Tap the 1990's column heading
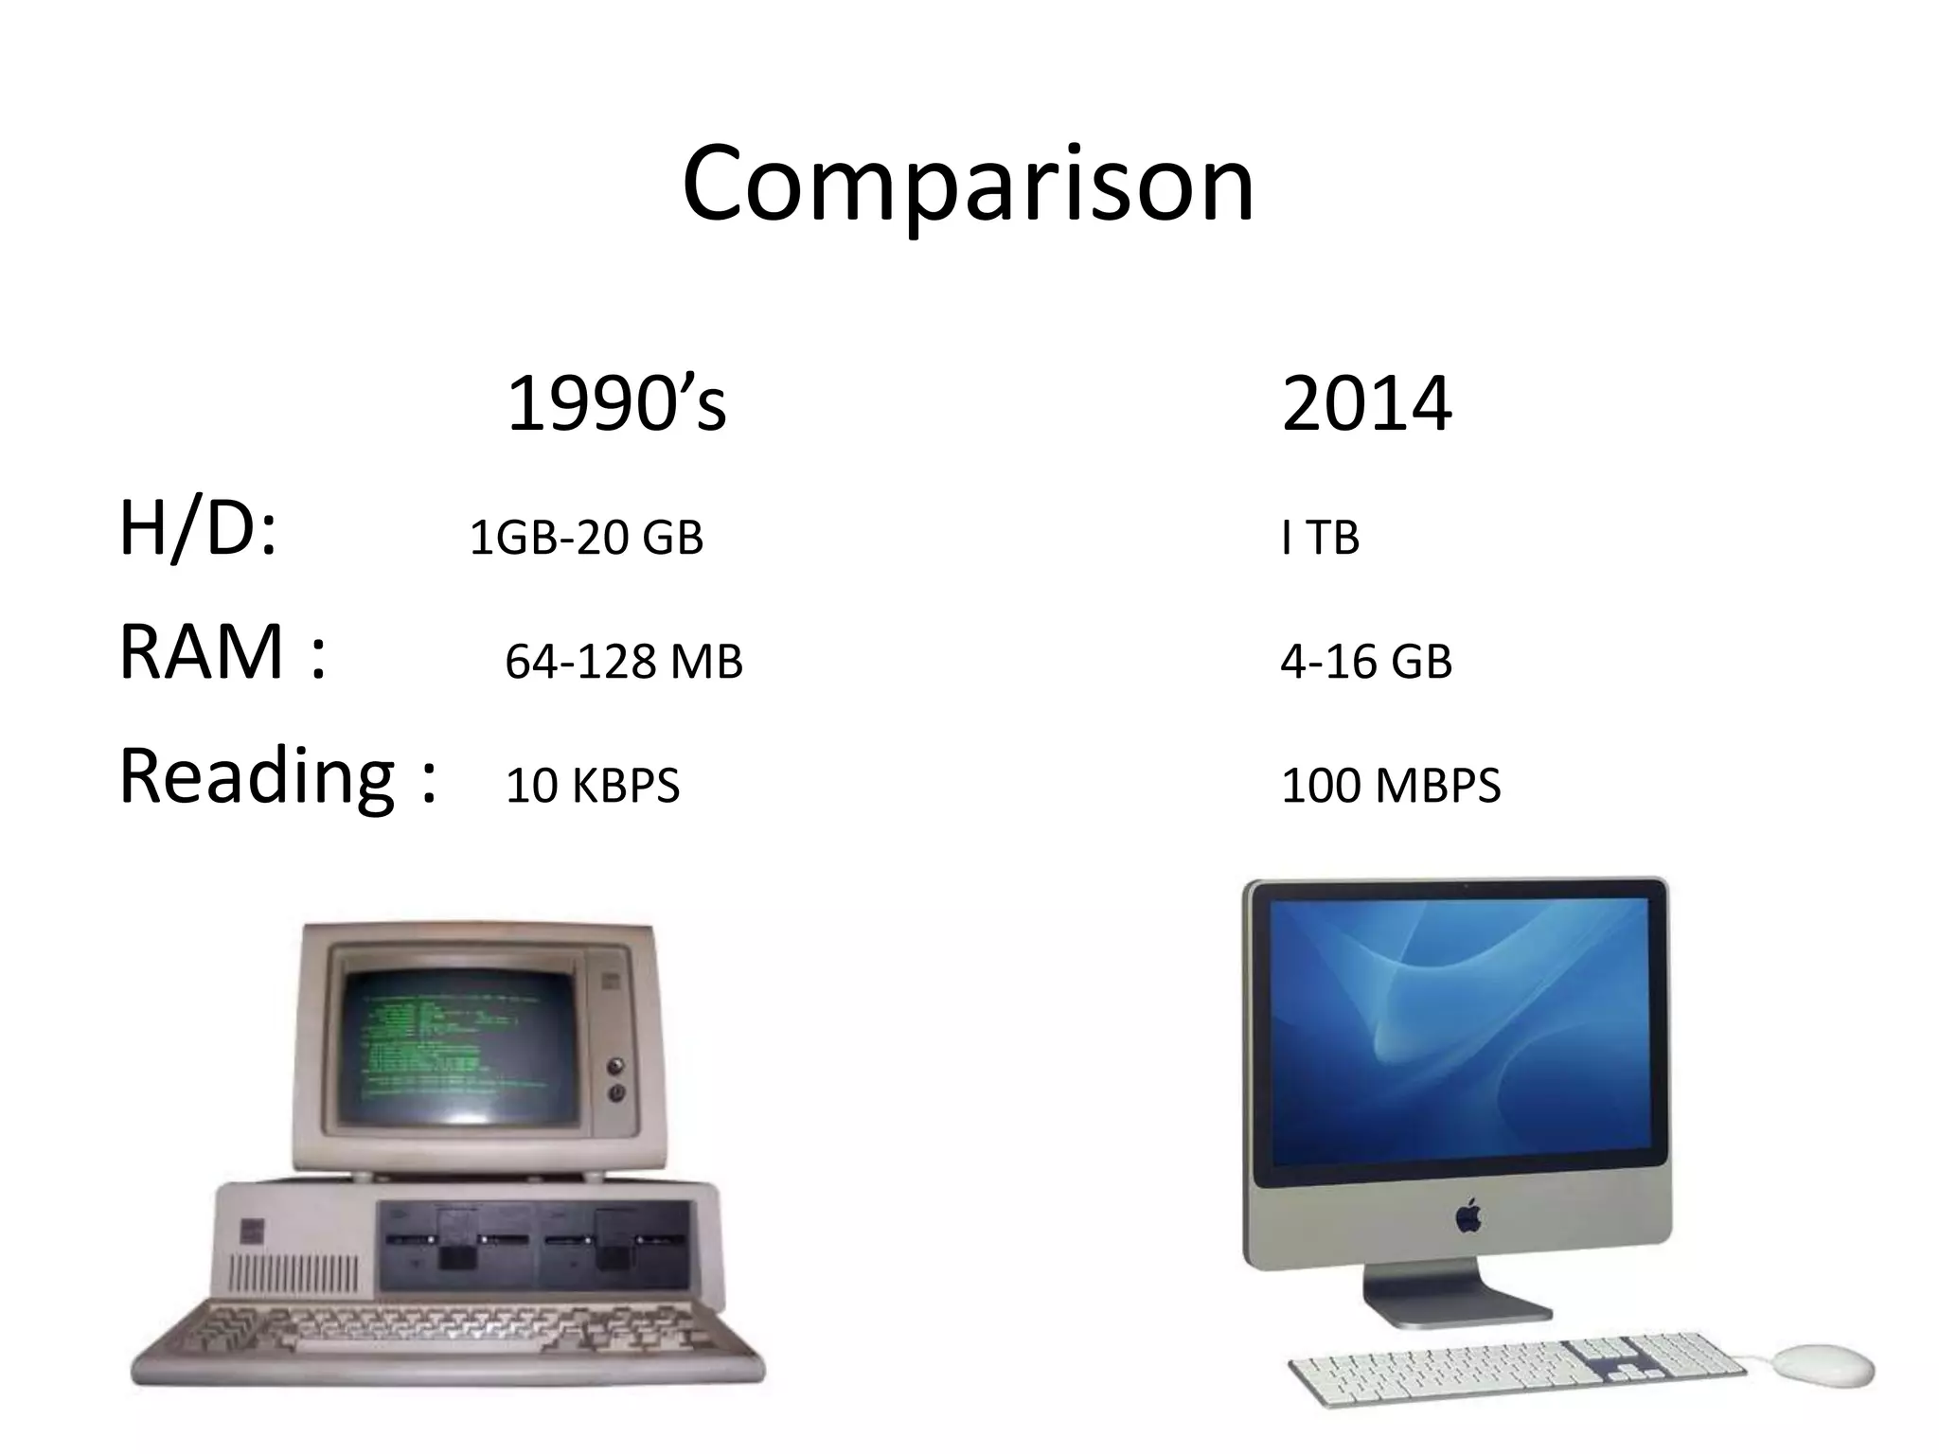point(616,405)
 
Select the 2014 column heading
point(1365,405)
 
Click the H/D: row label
point(198,530)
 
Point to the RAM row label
point(223,653)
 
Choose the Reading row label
point(277,776)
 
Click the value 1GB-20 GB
point(586,538)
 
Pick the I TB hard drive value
point(1320,538)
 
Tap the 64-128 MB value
point(623,662)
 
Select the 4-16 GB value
point(1365,662)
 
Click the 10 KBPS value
point(592,786)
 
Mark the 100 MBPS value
point(1390,786)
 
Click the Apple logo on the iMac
point(1468,1215)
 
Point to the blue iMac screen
point(1458,1032)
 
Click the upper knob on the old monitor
point(616,1065)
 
